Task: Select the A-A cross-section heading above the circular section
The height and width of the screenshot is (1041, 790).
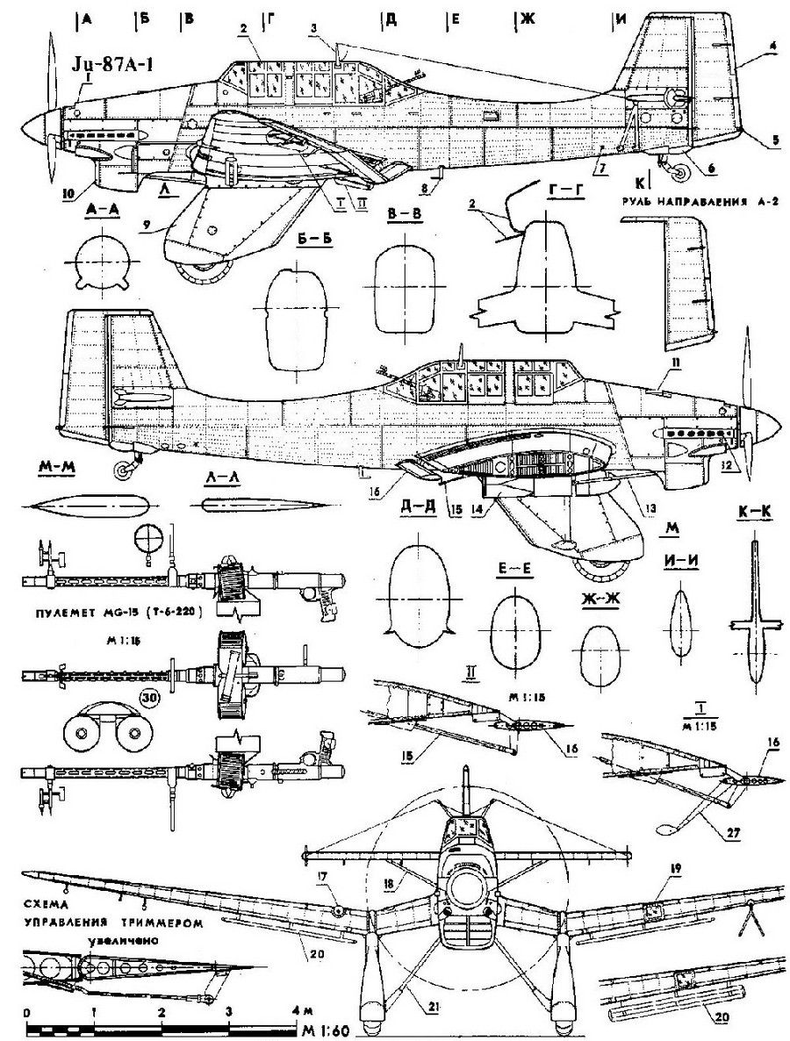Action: [x=102, y=210]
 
